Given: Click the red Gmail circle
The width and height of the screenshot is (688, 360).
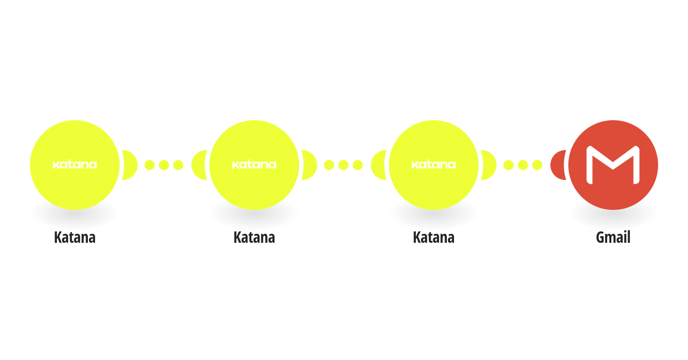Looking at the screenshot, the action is pyautogui.click(x=613, y=165).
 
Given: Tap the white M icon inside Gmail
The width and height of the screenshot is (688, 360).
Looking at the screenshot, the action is pyautogui.click(x=613, y=165).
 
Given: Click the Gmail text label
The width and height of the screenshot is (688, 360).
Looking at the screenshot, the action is pyautogui.click(x=613, y=237).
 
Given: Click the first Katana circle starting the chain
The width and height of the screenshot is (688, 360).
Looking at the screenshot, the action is pyautogui.click(x=75, y=165).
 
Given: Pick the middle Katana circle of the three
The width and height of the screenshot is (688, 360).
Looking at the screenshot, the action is pyautogui.click(x=254, y=165).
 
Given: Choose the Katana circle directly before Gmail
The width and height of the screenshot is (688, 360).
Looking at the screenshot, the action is pyautogui.click(x=434, y=165).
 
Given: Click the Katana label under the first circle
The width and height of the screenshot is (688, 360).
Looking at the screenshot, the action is pyautogui.click(x=75, y=237).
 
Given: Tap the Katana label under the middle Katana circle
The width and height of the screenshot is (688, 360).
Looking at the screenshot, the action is pyautogui.click(x=254, y=237).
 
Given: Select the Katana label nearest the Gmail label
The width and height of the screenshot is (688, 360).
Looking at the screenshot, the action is pyautogui.click(x=434, y=237).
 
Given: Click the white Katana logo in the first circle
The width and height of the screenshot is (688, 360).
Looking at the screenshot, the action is pyautogui.click(x=75, y=165).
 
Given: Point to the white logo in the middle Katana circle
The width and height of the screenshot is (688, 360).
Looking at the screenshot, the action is pyautogui.click(x=254, y=165).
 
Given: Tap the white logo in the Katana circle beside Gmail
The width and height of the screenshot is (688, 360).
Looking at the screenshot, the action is pyautogui.click(x=434, y=165).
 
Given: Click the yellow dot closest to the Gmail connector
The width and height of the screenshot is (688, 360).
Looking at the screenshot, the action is pyautogui.click(x=537, y=165).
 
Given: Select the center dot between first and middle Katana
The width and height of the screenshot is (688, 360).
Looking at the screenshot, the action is pyautogui.click(x=164, y=165).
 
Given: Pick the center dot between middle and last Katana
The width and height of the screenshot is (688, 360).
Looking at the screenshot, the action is pyautogui.click(x=343, y=165).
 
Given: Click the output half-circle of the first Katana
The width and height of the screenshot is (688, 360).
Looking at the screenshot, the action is pyautogui.click(x=130, y=165).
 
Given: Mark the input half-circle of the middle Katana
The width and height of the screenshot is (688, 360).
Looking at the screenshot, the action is pyautogui.click(x=199, y=165).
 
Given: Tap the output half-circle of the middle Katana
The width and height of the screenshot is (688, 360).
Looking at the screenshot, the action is pyautogui.click(x=310, y=165).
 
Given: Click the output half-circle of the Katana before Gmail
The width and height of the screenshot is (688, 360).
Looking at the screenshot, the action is pyautogui.click(x=489, y=165).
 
